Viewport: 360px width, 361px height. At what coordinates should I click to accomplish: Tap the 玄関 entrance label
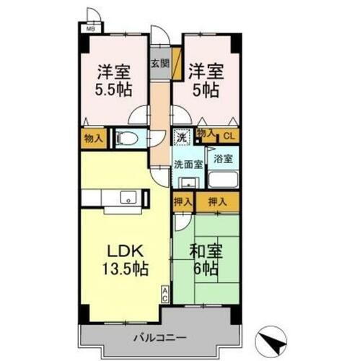pyautogui.click(x=159, y=63)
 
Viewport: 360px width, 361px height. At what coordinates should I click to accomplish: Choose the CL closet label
pyautogui.click(x=227, y=134)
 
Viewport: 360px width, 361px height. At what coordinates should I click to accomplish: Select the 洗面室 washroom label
pyautogui.click(x=187, y=164)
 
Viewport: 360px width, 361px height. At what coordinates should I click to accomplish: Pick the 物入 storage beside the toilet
pyautogui.click(x=93, y=136)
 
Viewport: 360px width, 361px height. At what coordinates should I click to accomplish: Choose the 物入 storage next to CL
pyautogui.click(x=205, y=133)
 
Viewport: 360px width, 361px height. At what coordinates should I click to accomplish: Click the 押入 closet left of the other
pyautogui.click(x=183, y=203)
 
